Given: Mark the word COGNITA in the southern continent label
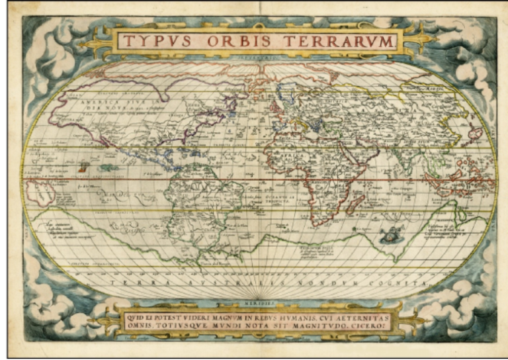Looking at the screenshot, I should point(405,283).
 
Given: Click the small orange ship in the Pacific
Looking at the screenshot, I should point(83,168).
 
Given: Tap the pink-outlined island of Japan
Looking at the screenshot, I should point(474,132).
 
